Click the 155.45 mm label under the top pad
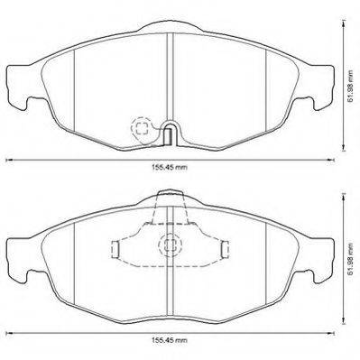170,168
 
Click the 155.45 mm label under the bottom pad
170,340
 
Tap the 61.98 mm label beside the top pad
350,87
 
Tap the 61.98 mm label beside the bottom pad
350,260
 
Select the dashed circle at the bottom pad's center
171,245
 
